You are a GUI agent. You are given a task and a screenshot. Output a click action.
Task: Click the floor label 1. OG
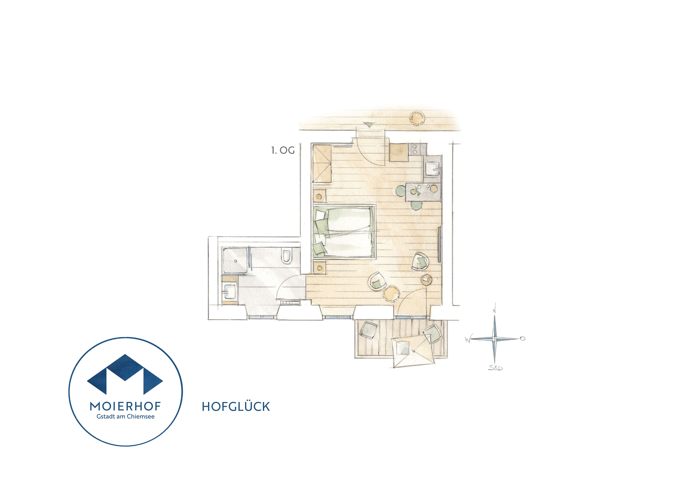(283, 151)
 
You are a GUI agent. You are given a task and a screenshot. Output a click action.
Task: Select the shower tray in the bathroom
(235, 261)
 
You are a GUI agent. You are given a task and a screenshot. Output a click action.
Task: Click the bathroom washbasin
(230, 291)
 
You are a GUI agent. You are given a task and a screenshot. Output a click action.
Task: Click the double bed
(344, 232)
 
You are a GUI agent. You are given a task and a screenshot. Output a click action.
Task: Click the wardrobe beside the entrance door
(322, 164)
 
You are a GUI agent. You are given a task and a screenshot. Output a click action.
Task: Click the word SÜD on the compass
(495, 368)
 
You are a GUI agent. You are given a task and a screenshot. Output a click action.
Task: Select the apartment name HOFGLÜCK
(236, 407)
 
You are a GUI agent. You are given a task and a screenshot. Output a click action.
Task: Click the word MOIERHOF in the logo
(125, 406)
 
